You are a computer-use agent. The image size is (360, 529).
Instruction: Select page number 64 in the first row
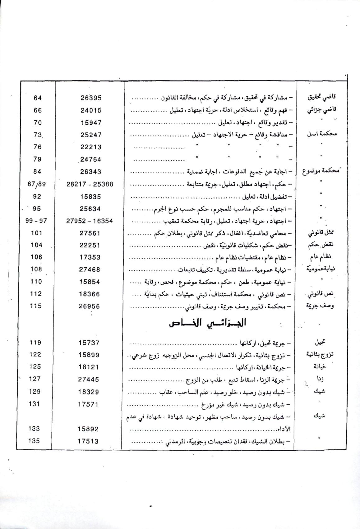point(37,98)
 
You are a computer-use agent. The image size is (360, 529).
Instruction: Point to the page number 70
point(37,122)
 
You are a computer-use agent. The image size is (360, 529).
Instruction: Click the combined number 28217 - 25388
point(90,184)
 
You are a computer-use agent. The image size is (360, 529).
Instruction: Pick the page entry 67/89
point(36,184)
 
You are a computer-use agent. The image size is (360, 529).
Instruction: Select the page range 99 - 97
point(36,221)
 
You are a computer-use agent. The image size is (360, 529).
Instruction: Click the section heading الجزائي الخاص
point(207,323)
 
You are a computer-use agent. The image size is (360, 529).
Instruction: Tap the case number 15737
point(89,343)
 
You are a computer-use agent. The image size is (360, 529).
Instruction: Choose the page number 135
point(34,441)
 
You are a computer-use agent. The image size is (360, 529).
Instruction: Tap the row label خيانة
point(320,367)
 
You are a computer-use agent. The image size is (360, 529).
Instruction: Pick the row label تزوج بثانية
point(320,355)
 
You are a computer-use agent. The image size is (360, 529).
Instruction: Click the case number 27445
point(89,379)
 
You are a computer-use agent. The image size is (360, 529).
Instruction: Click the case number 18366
point(89,294)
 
